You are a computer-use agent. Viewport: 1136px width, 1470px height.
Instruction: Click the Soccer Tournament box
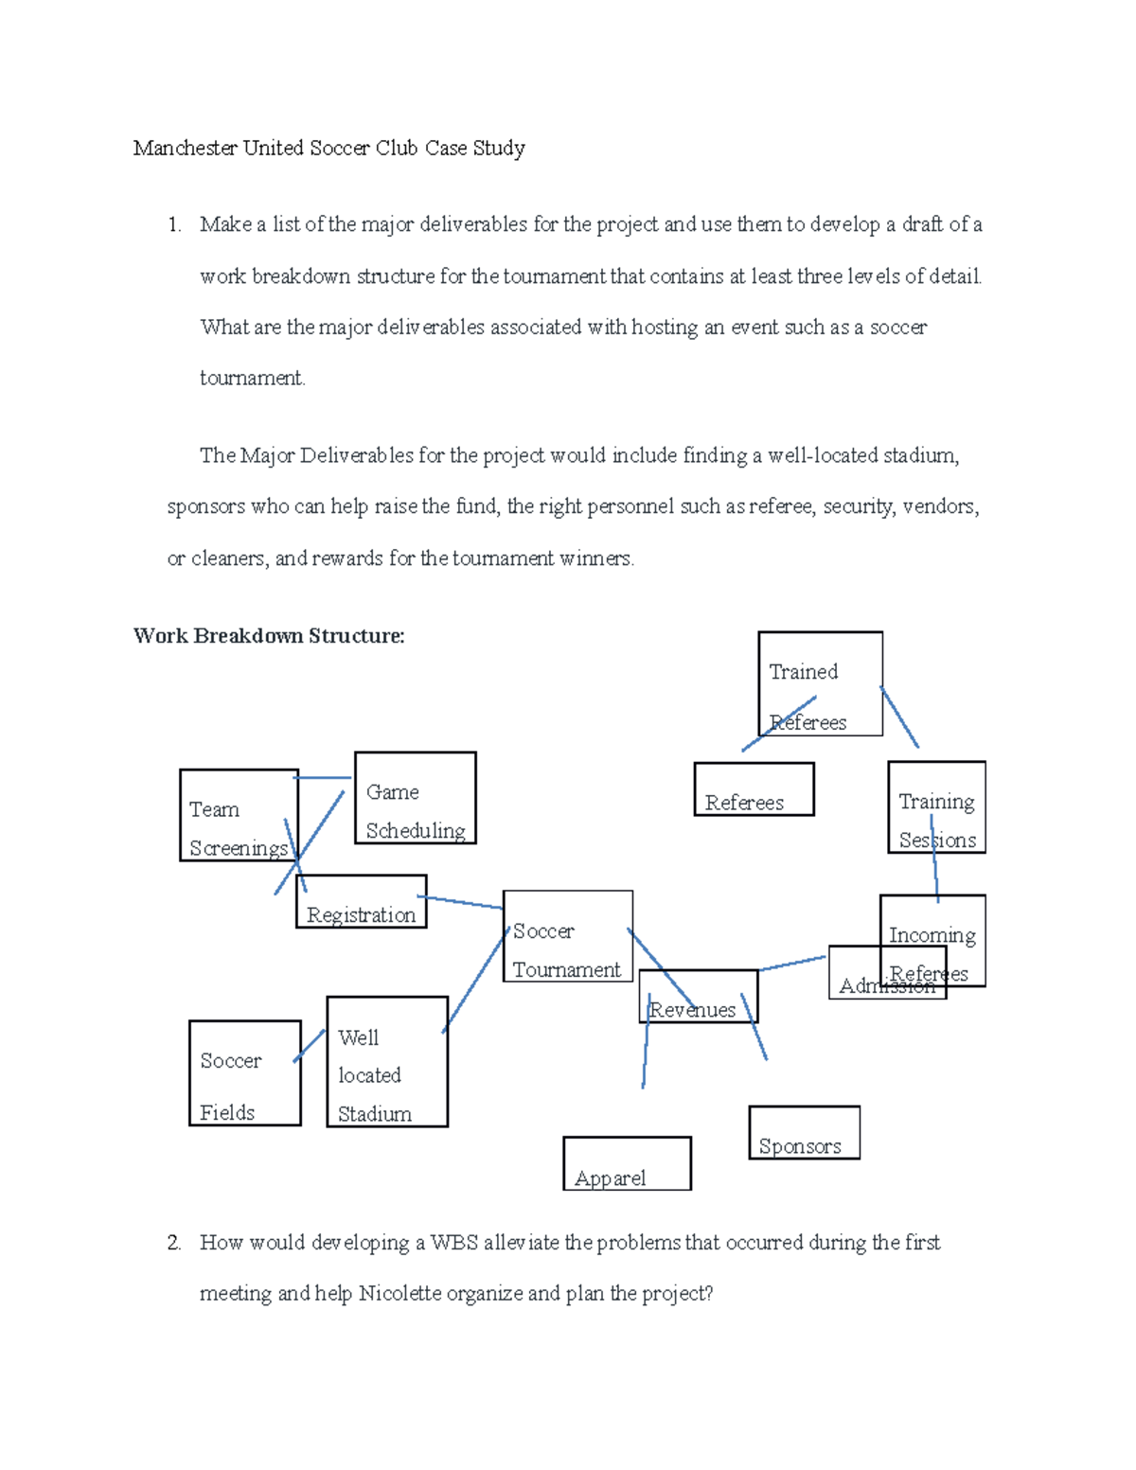coord(567,935)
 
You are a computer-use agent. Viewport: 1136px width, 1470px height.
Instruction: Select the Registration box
coord(361,901)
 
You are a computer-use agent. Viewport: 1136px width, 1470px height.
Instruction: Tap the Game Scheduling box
coord(415,797)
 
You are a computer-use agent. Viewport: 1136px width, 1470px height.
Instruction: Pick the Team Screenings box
coord(239,814)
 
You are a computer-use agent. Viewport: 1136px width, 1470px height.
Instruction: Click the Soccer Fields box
coord(244,1072)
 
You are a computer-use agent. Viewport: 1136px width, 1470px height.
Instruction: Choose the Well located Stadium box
coord(386,1061)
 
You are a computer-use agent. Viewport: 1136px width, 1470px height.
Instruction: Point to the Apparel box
coord(627,1163)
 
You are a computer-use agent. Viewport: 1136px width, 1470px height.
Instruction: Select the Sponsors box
coord(804,1132)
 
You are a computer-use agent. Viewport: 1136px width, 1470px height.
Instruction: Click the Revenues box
coord(699,996)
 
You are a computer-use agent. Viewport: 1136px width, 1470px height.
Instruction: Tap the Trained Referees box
coord(820,683)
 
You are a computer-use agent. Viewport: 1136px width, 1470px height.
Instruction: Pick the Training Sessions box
coord(936,806)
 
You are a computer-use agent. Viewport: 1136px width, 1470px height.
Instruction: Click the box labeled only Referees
coord(754,788)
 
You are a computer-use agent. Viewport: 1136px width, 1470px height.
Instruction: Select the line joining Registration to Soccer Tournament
coord(460,902)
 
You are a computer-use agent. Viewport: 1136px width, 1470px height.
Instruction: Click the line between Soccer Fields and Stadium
coord(310,1045)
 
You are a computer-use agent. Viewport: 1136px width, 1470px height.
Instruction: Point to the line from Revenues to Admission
coord(792,963)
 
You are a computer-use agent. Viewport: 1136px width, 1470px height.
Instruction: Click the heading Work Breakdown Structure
coord(269,636)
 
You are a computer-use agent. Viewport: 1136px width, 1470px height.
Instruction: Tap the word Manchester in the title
coord(186,149)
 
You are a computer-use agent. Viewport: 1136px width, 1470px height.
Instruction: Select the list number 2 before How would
coord(173,1242)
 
